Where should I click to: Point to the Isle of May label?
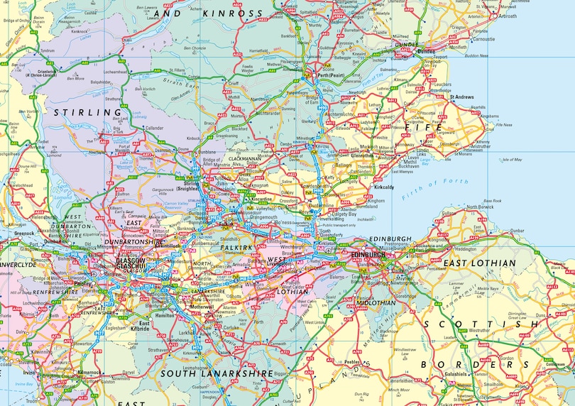tap(512, 159)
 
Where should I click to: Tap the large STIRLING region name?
tap(88, 112)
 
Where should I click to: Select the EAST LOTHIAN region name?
tap(479, 263)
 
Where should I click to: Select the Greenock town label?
tap(23, 232)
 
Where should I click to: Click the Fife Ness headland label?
tap(504, 125)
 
